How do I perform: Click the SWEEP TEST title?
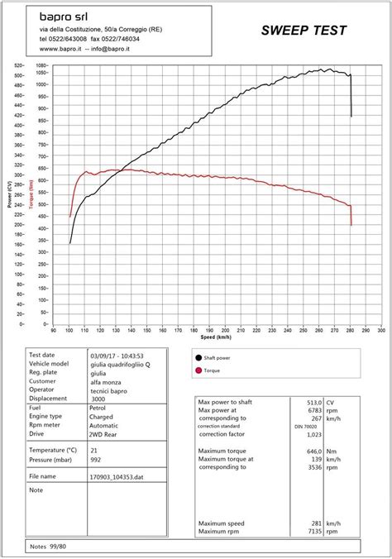coord(304,31)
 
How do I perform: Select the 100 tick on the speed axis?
coord(69,329)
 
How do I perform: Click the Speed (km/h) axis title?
coord(217,337)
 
